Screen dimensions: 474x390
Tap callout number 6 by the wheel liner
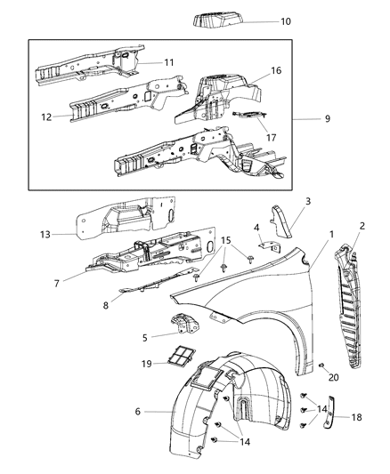click(x=137, y=411)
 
